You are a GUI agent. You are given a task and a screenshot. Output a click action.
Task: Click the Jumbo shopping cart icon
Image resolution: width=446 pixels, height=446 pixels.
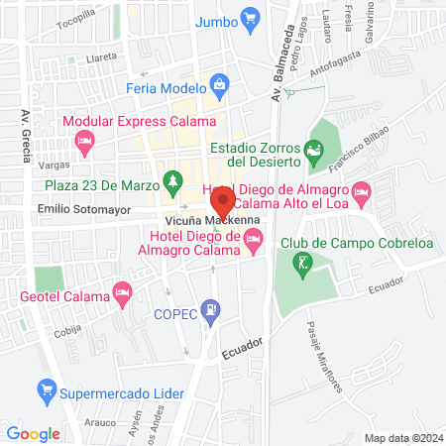pyautogui.click(x=251, y=19)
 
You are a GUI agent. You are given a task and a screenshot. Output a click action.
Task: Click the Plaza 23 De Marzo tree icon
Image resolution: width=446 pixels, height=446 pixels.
pyautogui.click(x=174, y=179)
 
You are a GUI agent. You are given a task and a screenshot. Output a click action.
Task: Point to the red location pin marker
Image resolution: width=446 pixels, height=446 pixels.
pyautogui.click(x=220, y=201)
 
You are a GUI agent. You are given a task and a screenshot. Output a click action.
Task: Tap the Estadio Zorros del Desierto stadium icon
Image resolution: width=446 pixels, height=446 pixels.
pyautogui.click(x=314, y=153)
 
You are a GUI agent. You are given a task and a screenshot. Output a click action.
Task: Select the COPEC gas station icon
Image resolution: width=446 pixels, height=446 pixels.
pyautogui.click(x=210, y=312)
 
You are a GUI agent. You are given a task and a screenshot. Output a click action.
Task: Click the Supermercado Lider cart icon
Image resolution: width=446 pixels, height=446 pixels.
pyautogui.click(x=45, y=389)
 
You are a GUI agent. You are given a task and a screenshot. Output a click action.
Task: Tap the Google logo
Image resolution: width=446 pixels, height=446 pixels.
pyautogui.click(x=34, y=433)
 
